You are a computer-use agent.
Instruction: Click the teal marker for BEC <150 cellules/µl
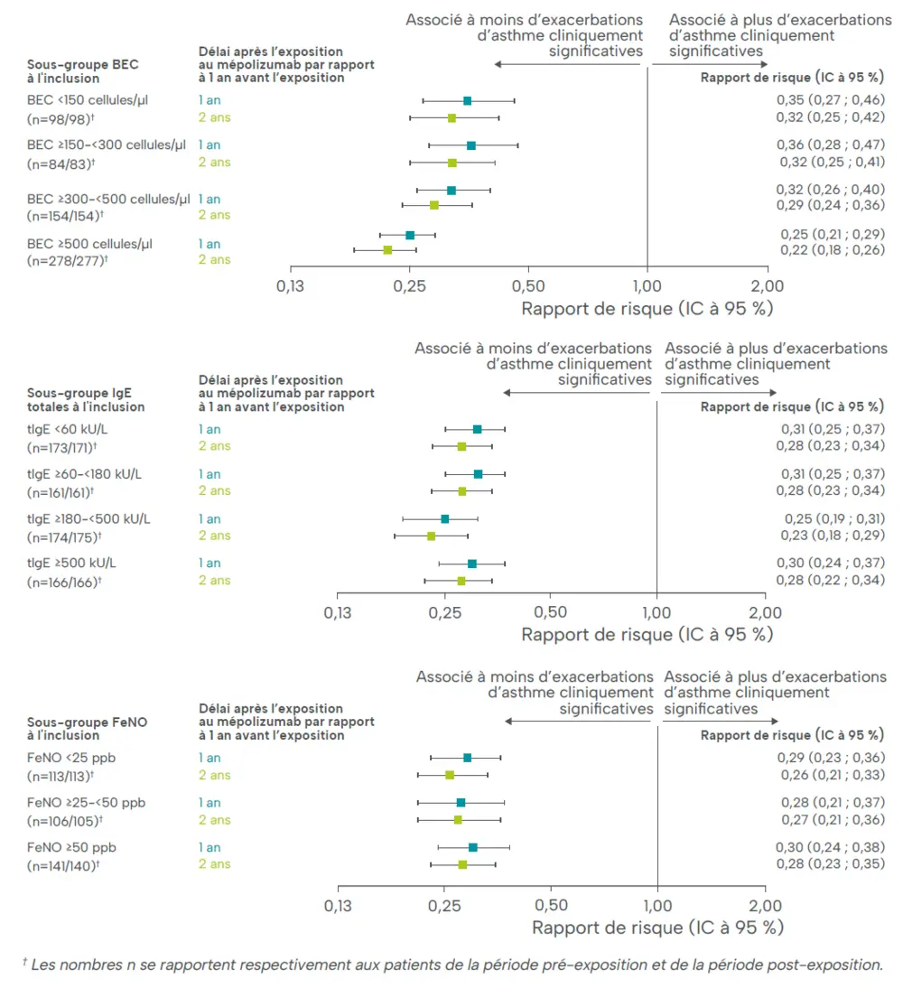coord(467,100)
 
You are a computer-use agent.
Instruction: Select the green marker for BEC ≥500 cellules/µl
coord(387,249)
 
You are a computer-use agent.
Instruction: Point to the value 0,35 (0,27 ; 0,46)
coord(830,99)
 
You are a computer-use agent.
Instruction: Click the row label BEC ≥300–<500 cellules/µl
coord(109,199)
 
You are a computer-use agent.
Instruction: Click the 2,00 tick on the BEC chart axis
coord(768,285)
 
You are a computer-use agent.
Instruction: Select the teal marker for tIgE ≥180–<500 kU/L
coord(444,518)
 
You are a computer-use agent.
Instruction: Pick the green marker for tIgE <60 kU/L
coord(461,446)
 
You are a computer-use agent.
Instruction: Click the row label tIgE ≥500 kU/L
coord(72,563)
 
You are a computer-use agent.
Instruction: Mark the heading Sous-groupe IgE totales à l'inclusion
coord(79,400)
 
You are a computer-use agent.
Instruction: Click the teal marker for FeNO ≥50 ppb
coord(472,847)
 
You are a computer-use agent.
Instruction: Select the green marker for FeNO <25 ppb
coord(450,775)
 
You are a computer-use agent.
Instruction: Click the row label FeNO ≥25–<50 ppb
coord(87,803)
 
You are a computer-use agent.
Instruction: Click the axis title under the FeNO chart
coord(657,927)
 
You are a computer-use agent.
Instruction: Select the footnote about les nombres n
coord(451,965)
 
